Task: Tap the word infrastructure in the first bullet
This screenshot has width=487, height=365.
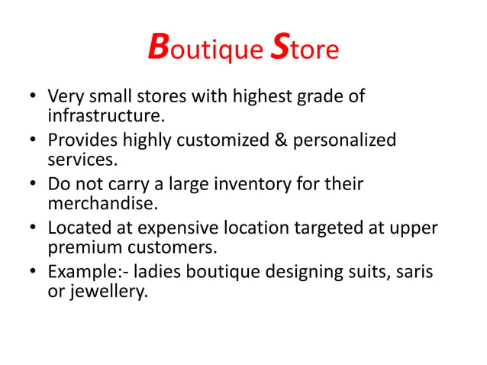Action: (x=105, y=117)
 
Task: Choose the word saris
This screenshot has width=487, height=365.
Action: (x=412, y=271)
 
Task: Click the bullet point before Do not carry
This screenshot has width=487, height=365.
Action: (x=33, y=185)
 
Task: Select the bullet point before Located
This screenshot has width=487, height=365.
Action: (x=33, y=228)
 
